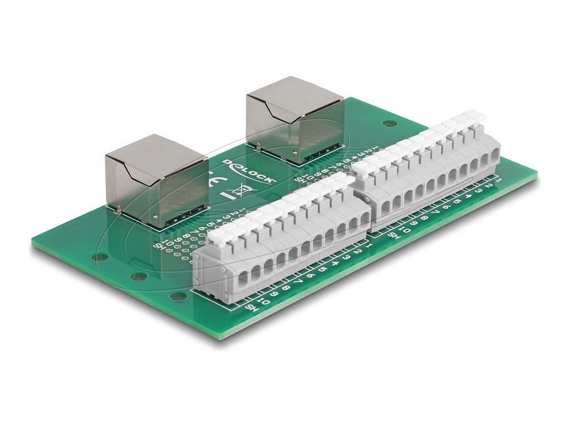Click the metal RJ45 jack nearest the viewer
click(x=157, y=179)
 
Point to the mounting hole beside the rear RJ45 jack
click(x=386, y=124)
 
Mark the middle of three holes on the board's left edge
click(x=138, y=276)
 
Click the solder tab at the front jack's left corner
click(x=119, y=210)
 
